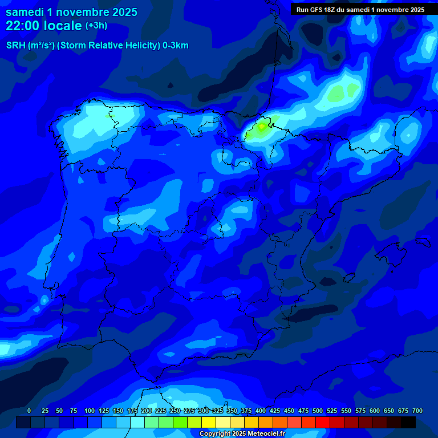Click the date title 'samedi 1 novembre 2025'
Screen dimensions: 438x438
tap(71, 12)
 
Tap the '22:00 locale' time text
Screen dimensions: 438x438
tap(44, 26)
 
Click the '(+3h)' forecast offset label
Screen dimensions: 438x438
tap(96, 26)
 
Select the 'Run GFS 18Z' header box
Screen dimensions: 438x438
tap(360, 9)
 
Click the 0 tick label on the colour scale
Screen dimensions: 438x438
tap(29, 411)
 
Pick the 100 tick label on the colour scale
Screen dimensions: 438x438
tap(90, 411)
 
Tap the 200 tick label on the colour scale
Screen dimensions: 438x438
tap(147, 411)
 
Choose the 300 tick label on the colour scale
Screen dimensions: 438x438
tap(204, 411)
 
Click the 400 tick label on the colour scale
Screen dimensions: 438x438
tap(261, 411)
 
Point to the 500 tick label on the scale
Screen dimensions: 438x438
tap(318, 411)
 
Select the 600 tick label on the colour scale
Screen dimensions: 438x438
tap(375, 411)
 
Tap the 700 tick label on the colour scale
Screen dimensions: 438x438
tap(417, 411)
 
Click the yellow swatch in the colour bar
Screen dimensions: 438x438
tap(209, 423)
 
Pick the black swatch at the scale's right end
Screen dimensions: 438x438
tap(408, 423)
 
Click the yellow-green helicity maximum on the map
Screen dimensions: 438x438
tap(261, 127)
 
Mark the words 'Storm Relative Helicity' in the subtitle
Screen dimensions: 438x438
tap(106, 46)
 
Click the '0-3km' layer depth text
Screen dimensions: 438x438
tap(175, 46)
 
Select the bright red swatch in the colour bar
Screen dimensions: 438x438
tap(323, 423)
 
